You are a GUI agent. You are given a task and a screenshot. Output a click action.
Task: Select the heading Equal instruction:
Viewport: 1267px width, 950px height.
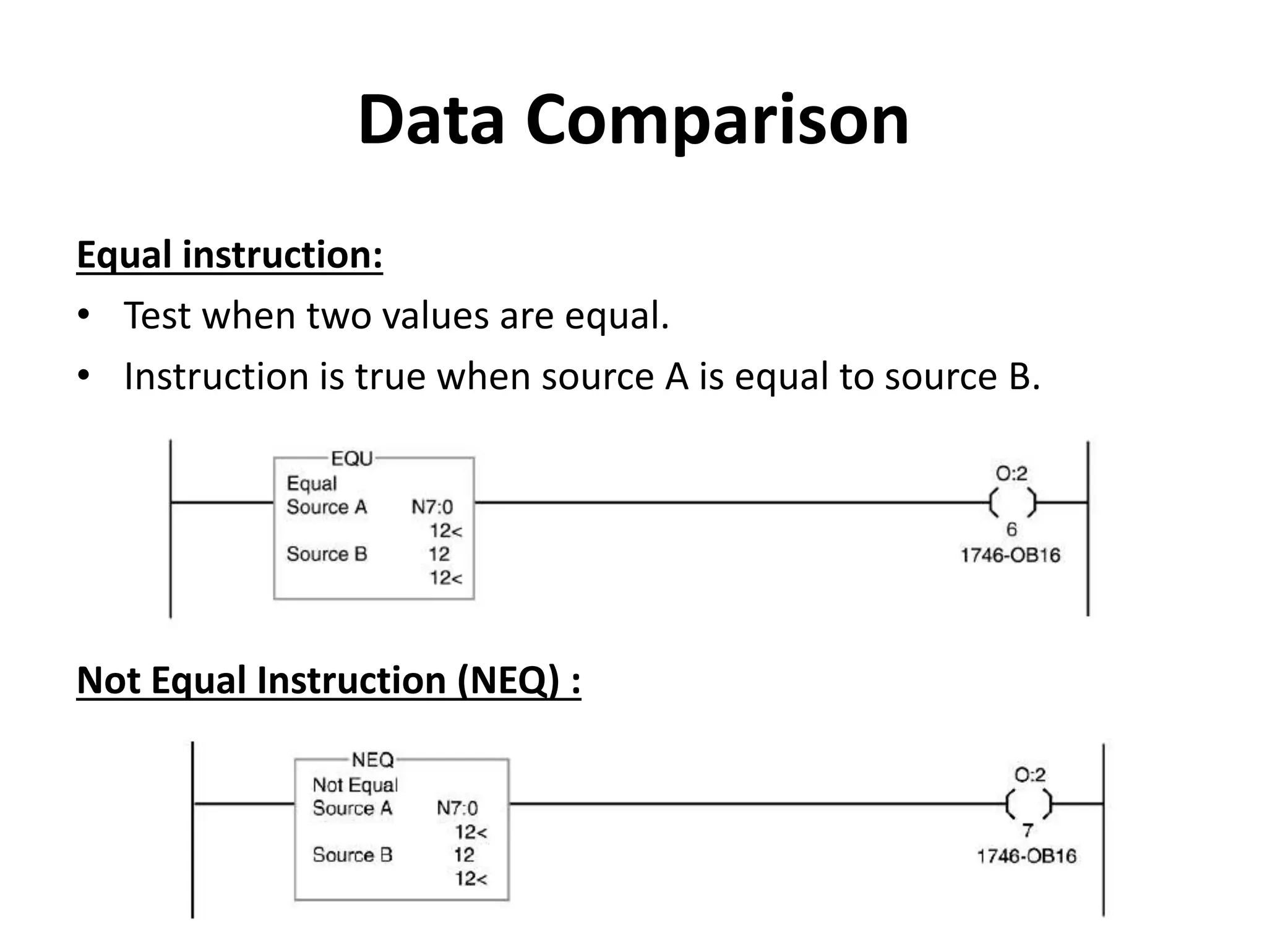point(230,255)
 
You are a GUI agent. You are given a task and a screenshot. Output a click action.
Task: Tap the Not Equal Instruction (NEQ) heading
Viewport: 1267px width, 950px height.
point(329,680)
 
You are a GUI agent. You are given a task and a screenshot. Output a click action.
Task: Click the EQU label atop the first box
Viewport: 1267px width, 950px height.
point(351,459)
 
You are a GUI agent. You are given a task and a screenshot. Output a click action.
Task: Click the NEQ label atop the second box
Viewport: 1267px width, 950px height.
point(372,760)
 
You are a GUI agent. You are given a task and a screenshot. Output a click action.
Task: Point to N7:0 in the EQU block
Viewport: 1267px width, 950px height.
point(432,507)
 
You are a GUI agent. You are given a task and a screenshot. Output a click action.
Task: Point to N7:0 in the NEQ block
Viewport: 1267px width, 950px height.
point(457,808)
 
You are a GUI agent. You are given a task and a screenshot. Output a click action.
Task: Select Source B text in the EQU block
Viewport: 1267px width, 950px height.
point(327,554)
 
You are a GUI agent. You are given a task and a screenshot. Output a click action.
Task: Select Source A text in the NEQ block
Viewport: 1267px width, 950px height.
point(352,808)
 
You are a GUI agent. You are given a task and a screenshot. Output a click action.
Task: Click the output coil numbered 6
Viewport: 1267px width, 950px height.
point(1011,502)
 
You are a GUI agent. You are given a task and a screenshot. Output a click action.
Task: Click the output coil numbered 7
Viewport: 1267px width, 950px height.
point(1029,803)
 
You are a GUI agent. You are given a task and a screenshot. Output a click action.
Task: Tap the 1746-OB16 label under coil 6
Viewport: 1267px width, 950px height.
point(1010,555)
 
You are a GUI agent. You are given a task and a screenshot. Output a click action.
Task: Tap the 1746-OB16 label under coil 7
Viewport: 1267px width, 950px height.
point(1026,857)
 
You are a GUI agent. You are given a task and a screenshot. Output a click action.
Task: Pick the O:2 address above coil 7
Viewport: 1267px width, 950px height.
point(1029,775)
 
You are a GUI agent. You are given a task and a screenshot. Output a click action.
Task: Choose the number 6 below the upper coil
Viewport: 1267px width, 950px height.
point(1011,529)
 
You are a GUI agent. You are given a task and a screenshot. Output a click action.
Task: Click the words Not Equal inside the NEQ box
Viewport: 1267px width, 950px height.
point(355,785)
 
